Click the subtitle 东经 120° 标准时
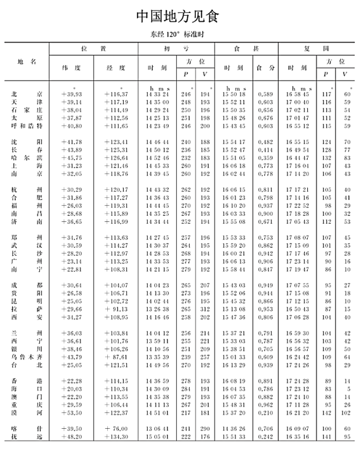coord(177,34)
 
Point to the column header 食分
coord(265,67)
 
